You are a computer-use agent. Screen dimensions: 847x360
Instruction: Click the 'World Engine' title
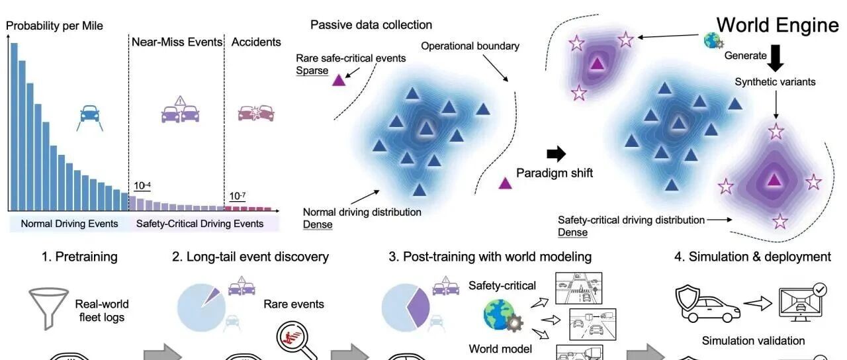pyautogui.click(x=778, y=25)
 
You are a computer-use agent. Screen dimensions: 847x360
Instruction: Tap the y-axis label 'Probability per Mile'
pyautogui.click(x=54, y=26)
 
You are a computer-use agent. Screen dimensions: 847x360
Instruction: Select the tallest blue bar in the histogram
pyautogui.click(x=14, y=126)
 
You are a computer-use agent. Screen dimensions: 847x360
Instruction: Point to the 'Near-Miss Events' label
pyautogui.click(x=177, y=42)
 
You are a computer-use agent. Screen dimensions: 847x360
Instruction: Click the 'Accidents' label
pyautogui.click(x=256, y=42)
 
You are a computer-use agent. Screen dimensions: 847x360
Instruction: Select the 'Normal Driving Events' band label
pyautogui.click(x=69, y=224)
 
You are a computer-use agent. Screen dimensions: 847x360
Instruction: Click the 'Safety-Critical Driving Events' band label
pyautogui.click(x=200, y=224)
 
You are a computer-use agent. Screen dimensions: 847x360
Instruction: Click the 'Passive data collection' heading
pyautogui.click(x=371, y=25)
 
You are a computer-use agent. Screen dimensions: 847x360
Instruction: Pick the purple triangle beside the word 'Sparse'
pyautogui.click(x=338, y=80)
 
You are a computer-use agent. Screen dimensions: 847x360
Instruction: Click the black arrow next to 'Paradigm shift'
pyautogui.click(x=557, y=155)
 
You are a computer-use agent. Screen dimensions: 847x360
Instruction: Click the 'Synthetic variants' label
pyautogui.click(x=775, y=82)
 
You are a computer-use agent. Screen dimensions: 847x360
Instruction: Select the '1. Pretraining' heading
pyautogui.click(x=80, y=257)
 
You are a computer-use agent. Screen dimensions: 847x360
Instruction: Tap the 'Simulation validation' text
pyautogui.click(x=754, y=341)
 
